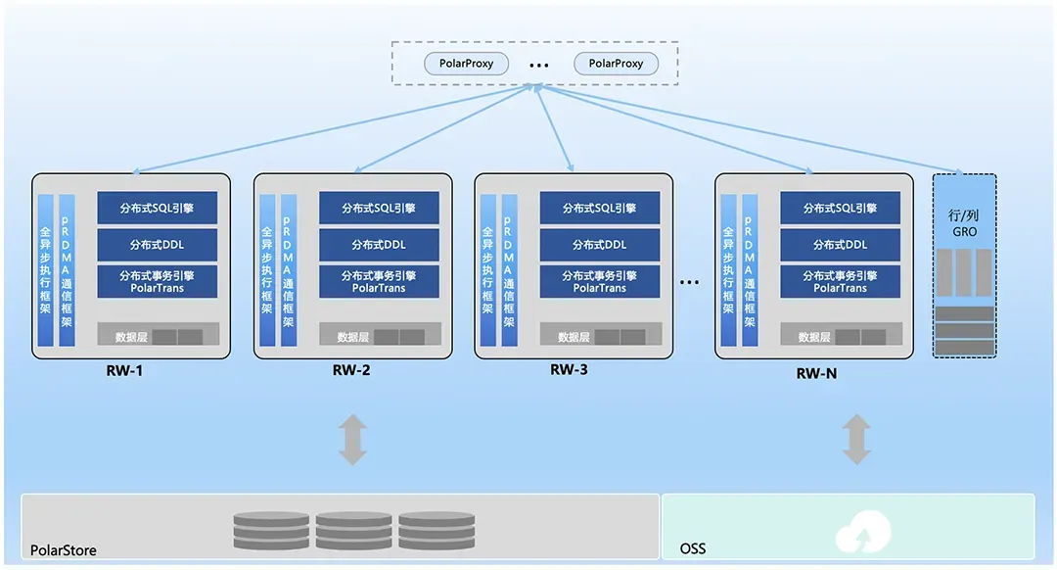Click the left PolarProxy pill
click(x=466, y=64)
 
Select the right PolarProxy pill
click(x=616, y=64)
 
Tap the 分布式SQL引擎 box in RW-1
click(x=158, y=208)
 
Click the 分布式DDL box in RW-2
click(x=379, y=244)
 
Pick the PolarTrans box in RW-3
click(x=599, y=281)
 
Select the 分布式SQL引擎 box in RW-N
click(x=840, y=208)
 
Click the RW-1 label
click(x=126, y=371)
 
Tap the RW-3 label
click(x=569, y=370)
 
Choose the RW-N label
click(x=816, y=374)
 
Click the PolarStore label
click(x=64, y=550)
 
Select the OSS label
click(x=693, y=548)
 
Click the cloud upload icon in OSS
click(x=864, y=532)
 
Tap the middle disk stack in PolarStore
click(x=353, y=530)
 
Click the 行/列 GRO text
click(x=965, y=223)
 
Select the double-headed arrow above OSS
click(x=857, y=440)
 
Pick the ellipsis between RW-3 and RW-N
click(x=689, y=283)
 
